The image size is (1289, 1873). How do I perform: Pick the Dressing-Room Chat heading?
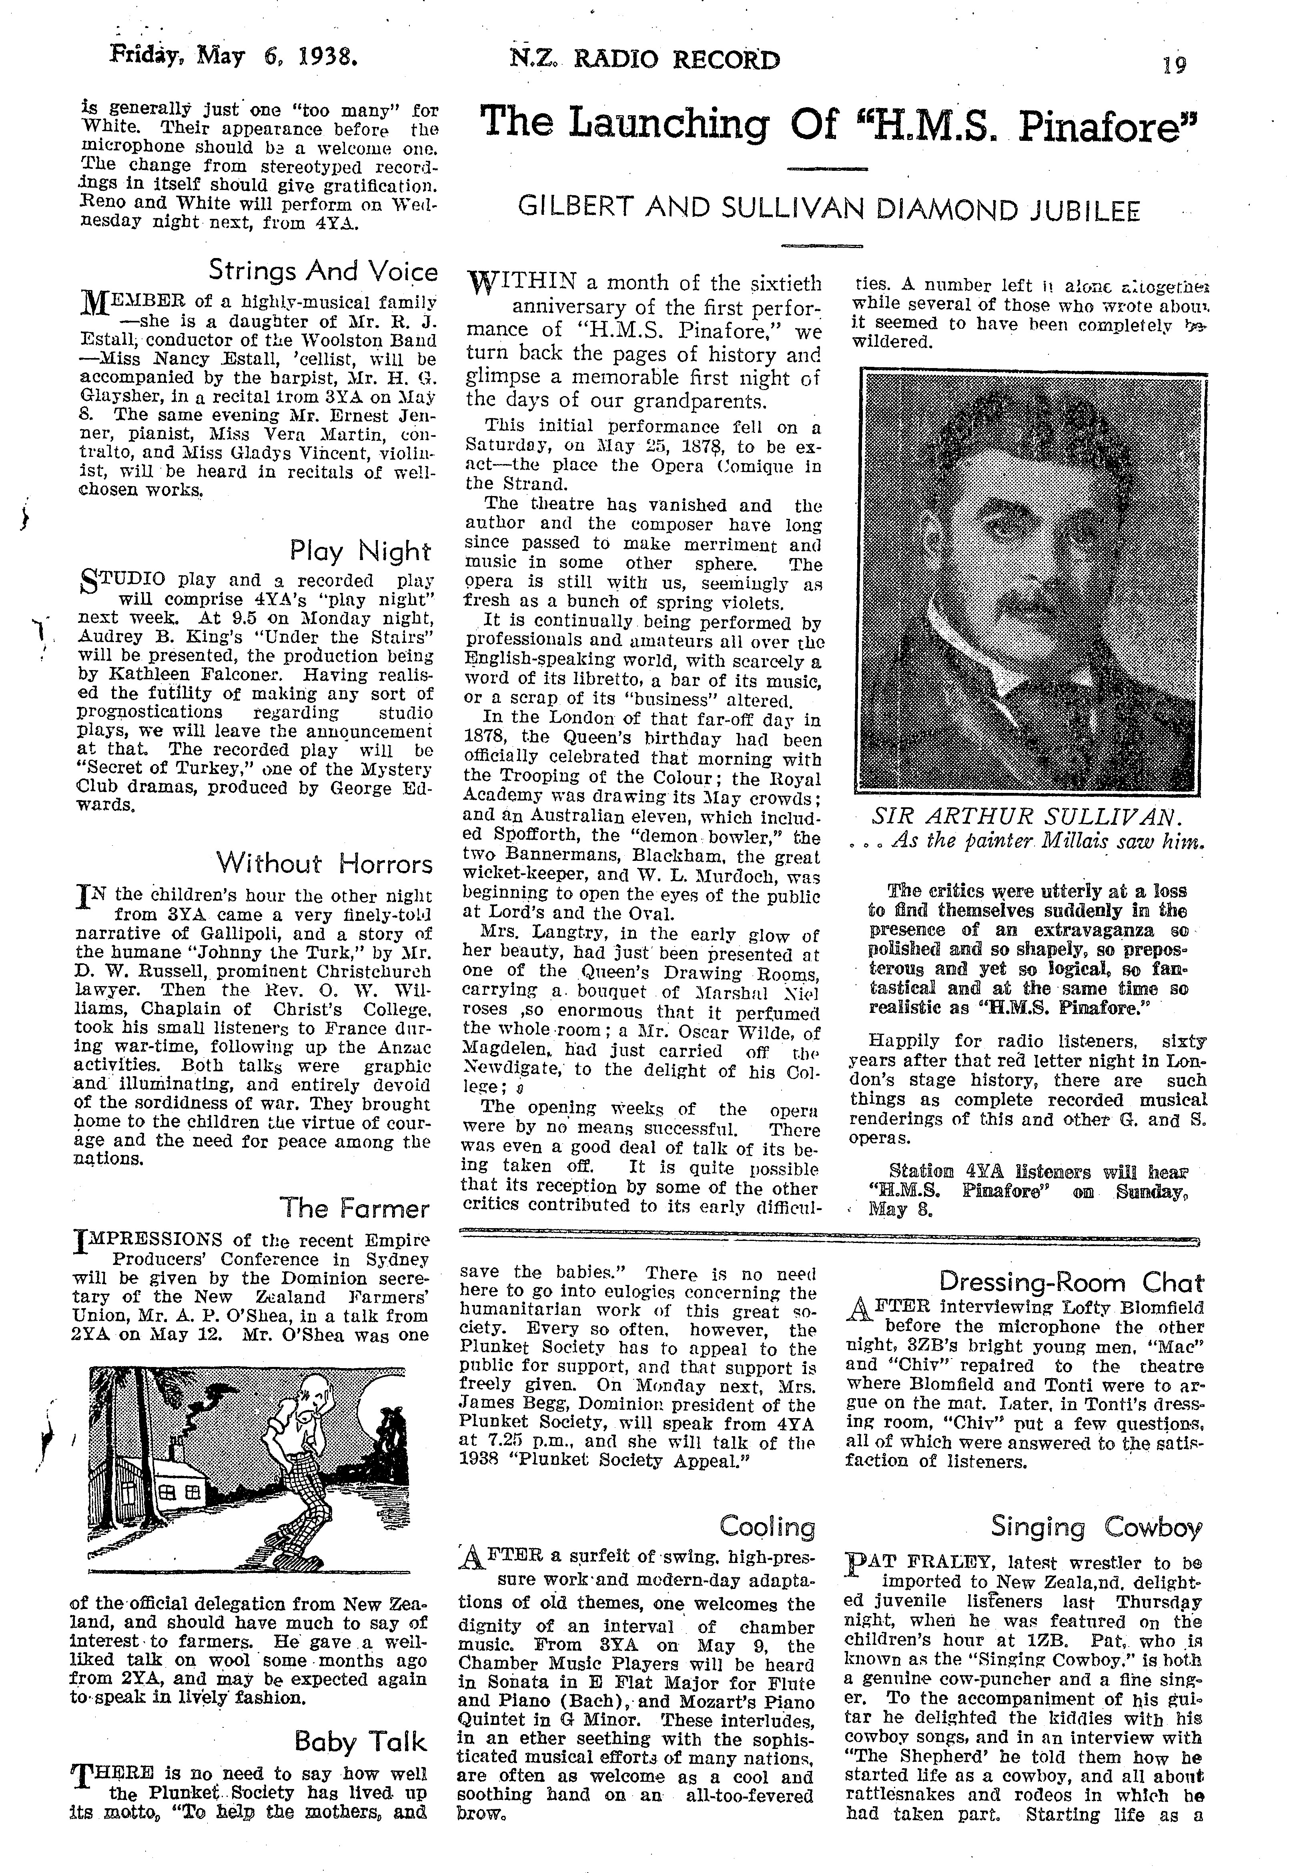(1071, 1282)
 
